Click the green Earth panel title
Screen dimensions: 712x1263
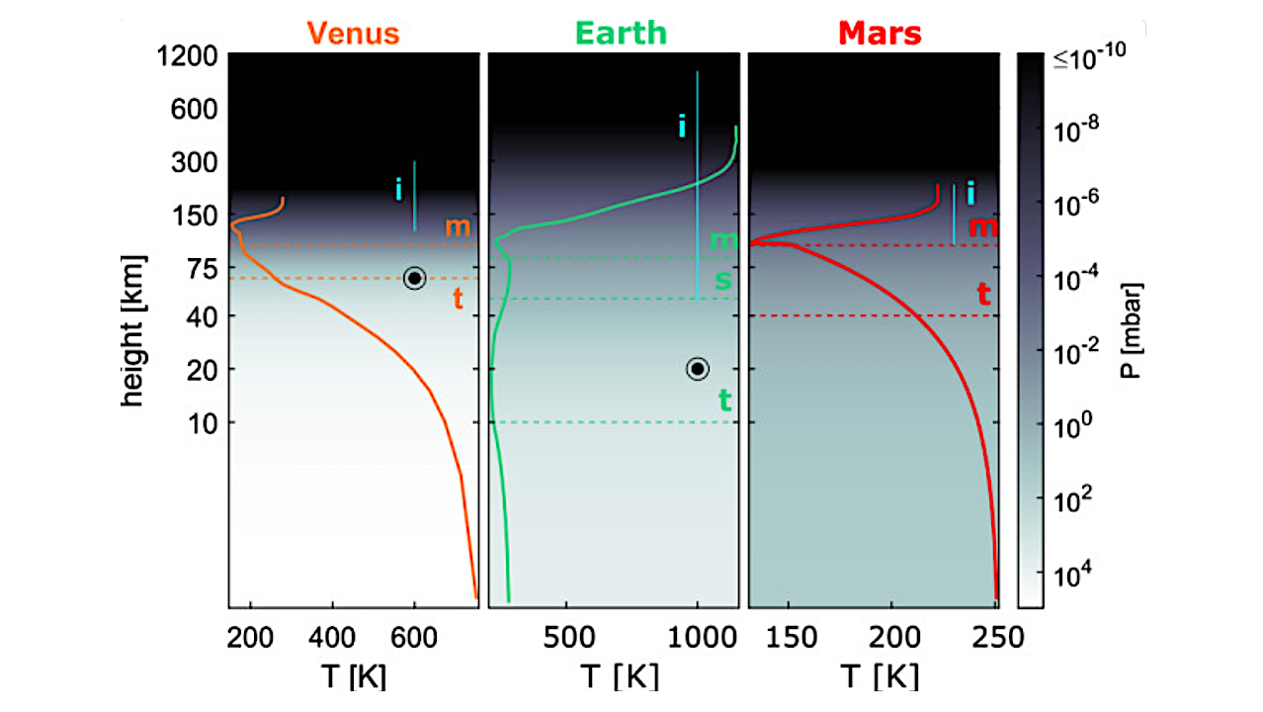click(x=621, y=34)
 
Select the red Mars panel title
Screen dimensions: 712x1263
click(x=880, y=34)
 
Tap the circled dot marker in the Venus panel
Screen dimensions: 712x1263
click(x=414, y=279)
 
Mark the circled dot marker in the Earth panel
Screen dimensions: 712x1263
click(x=698, y=369)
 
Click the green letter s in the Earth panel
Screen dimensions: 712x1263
click(x=723, y=280)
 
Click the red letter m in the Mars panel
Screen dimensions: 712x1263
click(x=983, y=226)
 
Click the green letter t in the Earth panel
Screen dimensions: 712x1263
click(x=724, y=400)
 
